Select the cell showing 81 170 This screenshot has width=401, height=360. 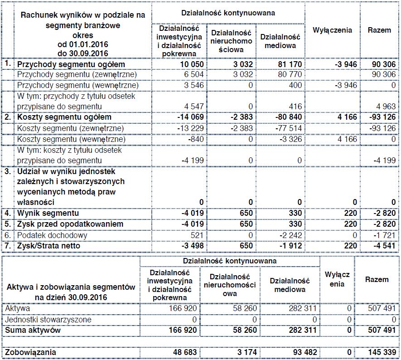point(288,64)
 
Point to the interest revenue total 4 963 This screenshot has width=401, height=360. point(386,107)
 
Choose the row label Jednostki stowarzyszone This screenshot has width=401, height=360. point(54,319)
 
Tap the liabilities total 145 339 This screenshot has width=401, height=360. point(382,352)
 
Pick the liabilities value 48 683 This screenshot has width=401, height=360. point(185,352)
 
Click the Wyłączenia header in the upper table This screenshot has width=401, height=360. point(332,30)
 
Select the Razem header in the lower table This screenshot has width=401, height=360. point(377,279)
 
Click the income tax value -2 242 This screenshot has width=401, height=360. point(290,235)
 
